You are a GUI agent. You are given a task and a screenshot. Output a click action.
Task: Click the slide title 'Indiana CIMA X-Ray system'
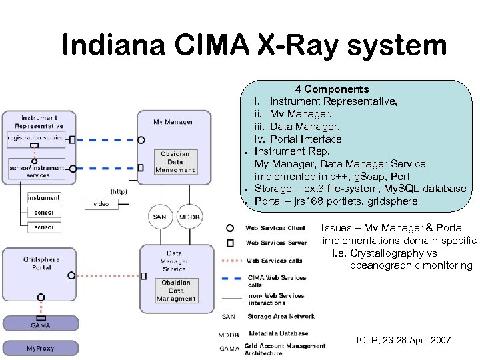[254, 46]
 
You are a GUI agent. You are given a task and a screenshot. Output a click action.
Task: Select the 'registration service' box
[35, 138]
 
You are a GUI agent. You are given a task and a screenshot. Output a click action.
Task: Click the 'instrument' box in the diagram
[43, 197]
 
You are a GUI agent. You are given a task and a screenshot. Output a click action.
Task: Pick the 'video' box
[101, 203]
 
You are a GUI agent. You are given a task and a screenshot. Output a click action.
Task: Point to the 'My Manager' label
[173, 122]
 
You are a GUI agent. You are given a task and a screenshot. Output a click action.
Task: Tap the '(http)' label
[119, 191]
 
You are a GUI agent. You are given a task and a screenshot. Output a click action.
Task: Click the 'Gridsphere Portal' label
[41, 263]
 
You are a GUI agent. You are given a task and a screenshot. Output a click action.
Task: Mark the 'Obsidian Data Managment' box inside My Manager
[175, 162]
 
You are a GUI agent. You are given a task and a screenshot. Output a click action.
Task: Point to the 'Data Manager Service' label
[174, 261]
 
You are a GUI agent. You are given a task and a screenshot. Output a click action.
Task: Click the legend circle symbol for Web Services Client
[230, 228]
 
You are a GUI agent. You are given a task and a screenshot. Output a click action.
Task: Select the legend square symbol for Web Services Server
[230, 243]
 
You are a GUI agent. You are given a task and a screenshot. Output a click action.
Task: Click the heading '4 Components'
[332, 89]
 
